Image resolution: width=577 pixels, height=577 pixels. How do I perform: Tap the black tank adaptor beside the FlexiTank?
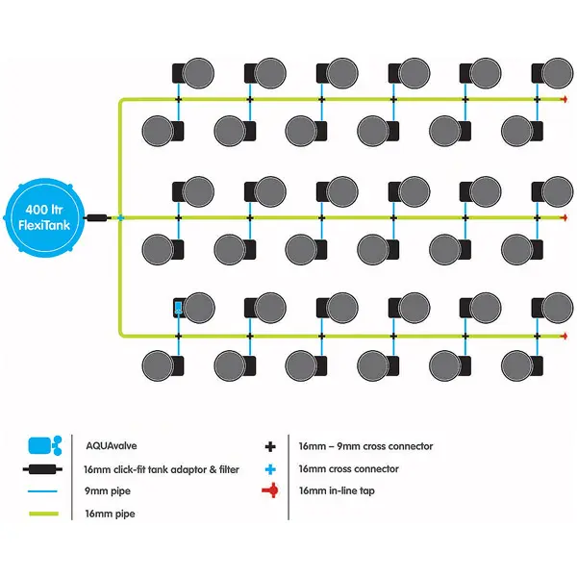point(95,218)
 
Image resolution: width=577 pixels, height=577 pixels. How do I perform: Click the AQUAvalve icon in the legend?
point(47,445)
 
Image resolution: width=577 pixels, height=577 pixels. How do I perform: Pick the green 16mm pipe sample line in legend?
point(47,514)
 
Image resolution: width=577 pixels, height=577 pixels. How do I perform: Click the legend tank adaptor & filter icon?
point(47,469)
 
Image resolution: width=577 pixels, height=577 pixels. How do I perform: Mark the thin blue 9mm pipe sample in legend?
point(47,491)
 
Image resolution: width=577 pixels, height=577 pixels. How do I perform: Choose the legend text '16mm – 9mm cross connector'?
point(365,446)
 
